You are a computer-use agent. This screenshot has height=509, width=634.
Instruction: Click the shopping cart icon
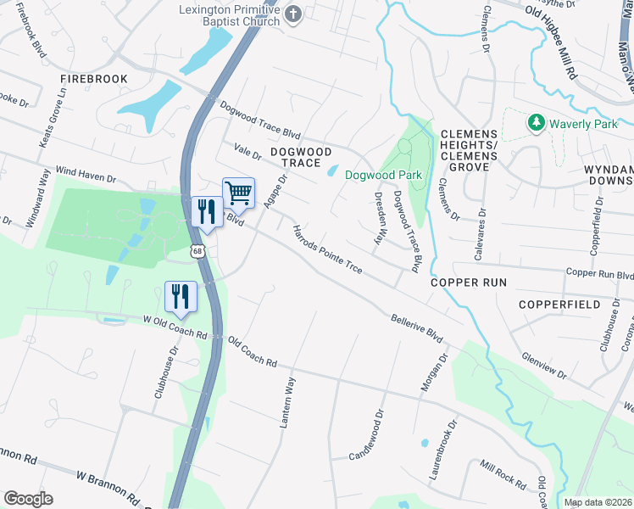click(x=238, y=193)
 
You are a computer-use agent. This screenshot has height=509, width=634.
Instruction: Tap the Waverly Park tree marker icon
click(x=536, y=124)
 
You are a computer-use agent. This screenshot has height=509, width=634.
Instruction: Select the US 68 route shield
click(x=197, y=251)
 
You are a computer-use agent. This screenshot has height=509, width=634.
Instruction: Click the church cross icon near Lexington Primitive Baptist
click(x=293, y=13)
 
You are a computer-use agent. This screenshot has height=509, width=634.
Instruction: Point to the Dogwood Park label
click(x=383, y=176)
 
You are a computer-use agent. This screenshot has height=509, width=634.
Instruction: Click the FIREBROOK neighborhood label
click(x=93, y=79)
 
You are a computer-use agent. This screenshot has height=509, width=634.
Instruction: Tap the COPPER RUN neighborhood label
click(x=468, y=282)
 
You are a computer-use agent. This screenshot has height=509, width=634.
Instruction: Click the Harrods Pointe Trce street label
click(x=327, y=249)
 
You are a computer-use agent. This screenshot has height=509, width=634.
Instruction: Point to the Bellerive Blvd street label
click(x=417, y=328)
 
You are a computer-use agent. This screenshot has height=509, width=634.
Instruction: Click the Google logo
click(x=28, y=499)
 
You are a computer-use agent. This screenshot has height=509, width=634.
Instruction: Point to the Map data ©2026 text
click(x=597, y=502)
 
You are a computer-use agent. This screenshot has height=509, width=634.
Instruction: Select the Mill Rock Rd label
click(x=503, y=473)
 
